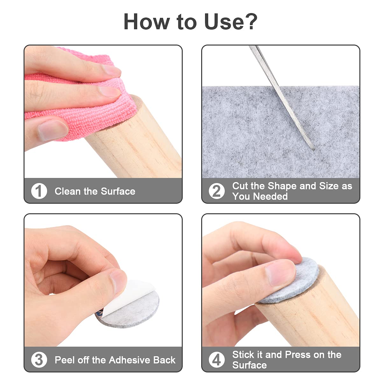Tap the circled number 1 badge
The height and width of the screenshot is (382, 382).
tap(39, 191)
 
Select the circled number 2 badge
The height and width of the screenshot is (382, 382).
tap(217, 191)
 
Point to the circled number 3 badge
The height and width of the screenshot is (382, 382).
tap(39, 359)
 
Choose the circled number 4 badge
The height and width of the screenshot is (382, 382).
tap(217, 359)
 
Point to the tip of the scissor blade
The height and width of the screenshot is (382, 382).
tap(313, 149)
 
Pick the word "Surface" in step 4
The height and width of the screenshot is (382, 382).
tap(249, 365)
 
